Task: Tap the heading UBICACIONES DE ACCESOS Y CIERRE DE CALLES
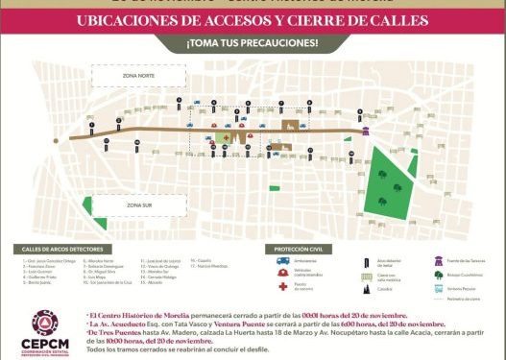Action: click(x=253, y=21)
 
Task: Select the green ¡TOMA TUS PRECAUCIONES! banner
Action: click(x=253, y=44)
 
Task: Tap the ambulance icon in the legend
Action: click(x=283, y=261)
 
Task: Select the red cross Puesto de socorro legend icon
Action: click(x=283, y=287)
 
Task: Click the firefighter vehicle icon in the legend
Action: click(x=283, y=274)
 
